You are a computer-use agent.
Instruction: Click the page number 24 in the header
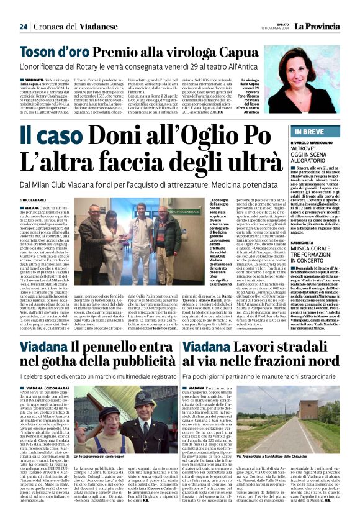(23, 27)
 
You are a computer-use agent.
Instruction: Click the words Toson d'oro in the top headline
(54, 52)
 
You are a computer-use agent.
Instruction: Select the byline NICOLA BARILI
(40, 199)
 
